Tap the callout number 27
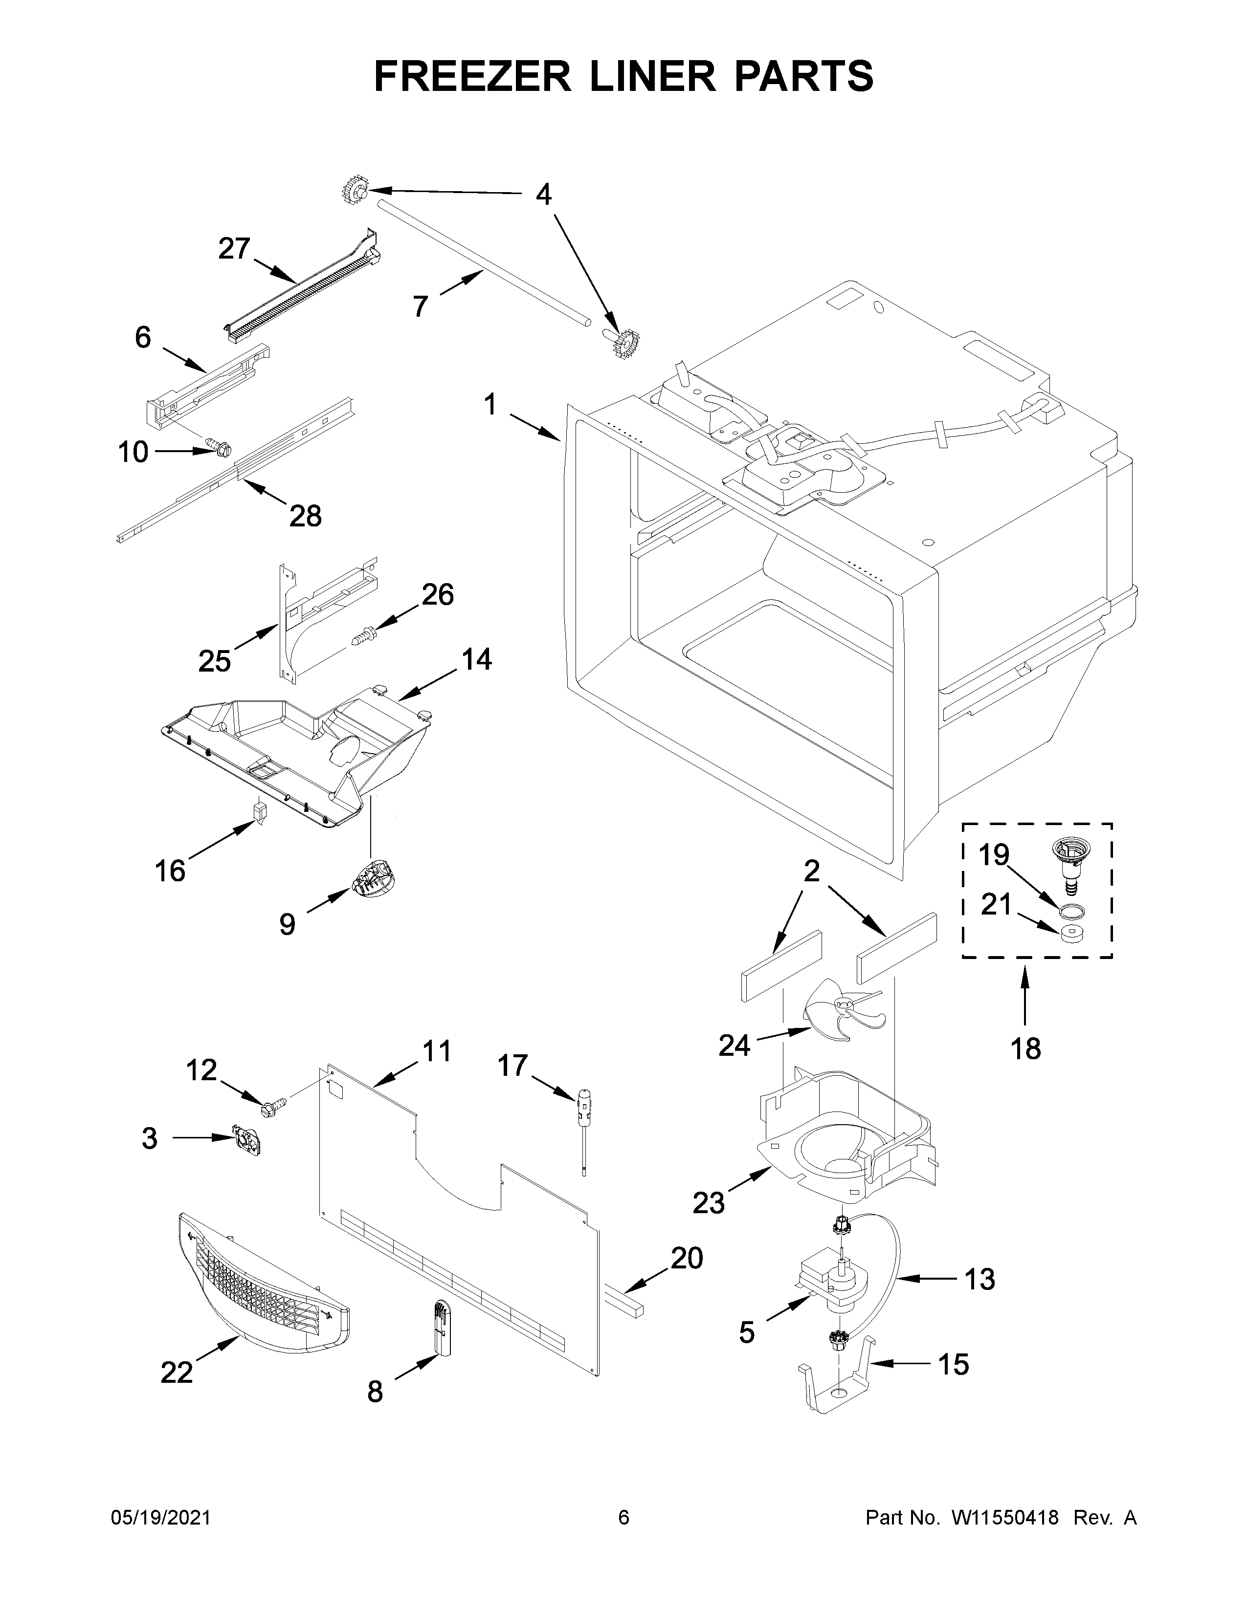point(234,250)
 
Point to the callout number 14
point(476,659)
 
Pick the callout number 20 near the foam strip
point(686,1257)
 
